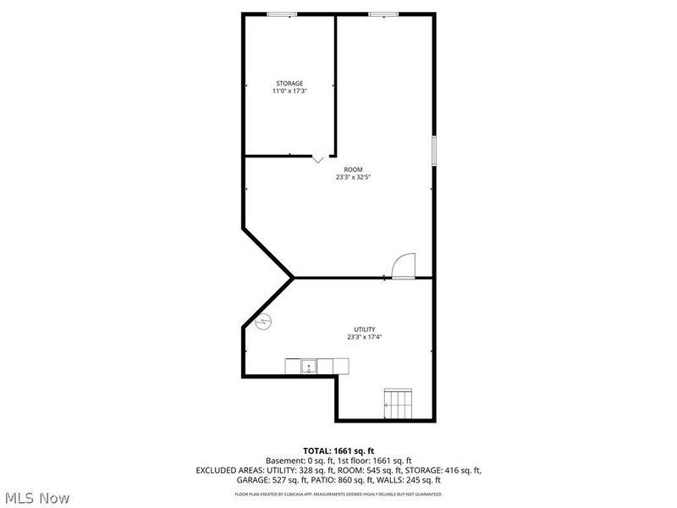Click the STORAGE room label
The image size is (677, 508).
289,83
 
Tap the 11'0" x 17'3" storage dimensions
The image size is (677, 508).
289,91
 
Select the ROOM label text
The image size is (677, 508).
353,169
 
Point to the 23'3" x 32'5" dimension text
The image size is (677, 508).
353,178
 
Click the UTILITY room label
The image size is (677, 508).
365,329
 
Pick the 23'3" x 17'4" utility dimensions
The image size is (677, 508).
365,337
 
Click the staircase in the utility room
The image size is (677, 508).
398,404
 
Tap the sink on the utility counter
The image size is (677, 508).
309,367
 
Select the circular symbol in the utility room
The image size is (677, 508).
263,322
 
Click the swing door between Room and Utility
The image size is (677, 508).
405,265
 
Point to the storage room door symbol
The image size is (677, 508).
317,158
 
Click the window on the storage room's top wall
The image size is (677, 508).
282,14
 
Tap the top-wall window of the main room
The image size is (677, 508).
383,14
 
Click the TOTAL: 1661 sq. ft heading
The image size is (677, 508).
338,450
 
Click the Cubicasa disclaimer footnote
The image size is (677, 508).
338,494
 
